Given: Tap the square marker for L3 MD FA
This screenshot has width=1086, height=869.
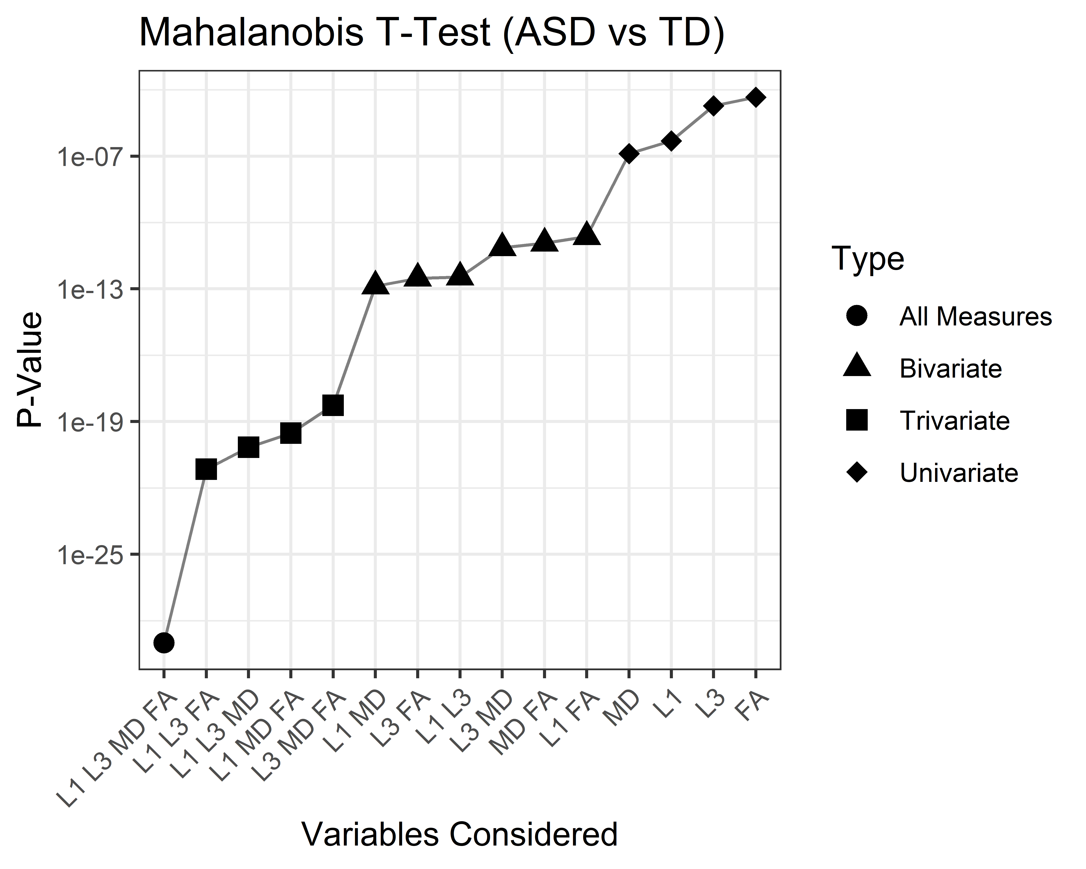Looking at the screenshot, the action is point(333,405).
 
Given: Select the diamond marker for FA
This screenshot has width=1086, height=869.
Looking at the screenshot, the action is point(756,97).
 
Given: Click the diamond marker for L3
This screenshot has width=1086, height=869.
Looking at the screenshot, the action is point(713,106).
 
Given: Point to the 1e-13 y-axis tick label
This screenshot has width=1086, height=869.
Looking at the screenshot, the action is point(92,289).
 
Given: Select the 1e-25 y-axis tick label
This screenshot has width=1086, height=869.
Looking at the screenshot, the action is point(92,555).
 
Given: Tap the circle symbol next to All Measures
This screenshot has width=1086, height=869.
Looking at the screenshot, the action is point(857,316).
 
